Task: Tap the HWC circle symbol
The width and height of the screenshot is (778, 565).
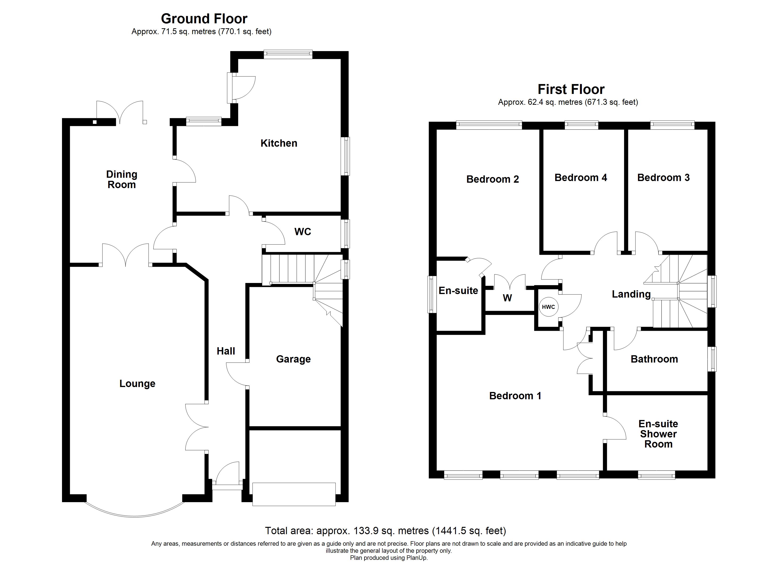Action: [548, 307]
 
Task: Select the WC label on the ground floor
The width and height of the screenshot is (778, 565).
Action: [302, 232]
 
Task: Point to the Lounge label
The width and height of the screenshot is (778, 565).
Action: [137, 384]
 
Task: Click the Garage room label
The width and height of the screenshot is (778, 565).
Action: [293, 359]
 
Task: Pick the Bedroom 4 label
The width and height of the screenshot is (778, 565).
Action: [581, 178]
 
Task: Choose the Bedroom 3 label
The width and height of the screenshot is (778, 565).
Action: [663, 178]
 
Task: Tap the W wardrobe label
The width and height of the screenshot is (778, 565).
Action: [507, 298]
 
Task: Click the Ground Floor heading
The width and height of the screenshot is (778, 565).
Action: [204, 19]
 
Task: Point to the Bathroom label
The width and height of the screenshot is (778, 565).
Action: [654, 359]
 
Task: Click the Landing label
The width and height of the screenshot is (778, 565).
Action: [631, 294]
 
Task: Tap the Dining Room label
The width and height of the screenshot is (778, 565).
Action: [122, 180]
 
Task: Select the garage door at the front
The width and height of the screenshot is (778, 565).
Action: [294, 494]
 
